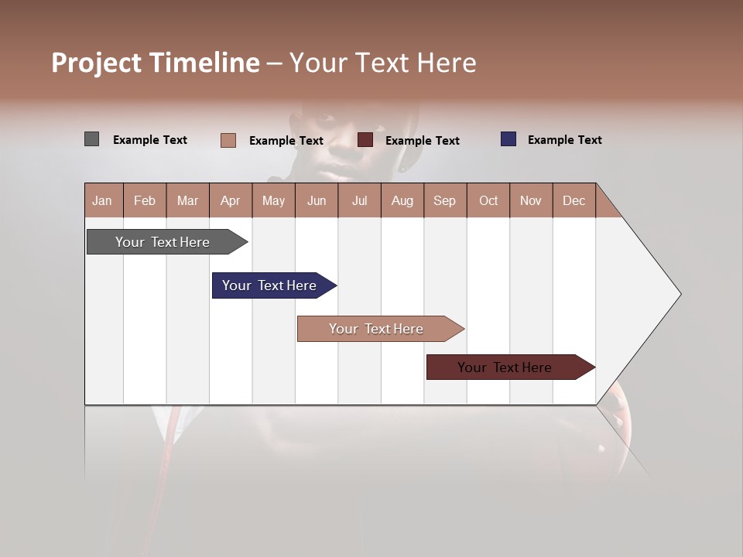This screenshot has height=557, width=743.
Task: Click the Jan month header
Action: tap(102, 200)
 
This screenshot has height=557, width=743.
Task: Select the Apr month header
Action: tap(230, 200)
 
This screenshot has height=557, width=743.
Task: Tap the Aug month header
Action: tap(402, 200)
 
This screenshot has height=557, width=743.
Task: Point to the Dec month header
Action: tap(574, 200)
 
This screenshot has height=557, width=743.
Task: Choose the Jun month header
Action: tap(316, 200)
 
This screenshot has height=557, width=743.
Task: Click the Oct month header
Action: tap(488, 200)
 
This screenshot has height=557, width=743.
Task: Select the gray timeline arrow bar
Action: tap(163, 242)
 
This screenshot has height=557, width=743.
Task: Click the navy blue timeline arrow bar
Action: tap(269, 285)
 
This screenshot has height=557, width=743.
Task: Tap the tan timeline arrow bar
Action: tap(376, 329)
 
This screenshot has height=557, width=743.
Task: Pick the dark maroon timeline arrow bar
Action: tap(505, 367)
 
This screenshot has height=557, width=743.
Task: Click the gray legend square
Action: tap(91, 139)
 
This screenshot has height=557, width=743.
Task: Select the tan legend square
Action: tap(228, 140)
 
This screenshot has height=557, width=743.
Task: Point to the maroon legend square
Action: tap(365, 140)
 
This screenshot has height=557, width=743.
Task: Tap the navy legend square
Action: tap(508, 139)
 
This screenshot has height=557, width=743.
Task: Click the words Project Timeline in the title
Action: tap(155, 63)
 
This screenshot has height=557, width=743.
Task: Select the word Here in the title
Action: tap(447, 63)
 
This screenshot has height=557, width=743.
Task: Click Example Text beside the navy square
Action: tap(564, 139)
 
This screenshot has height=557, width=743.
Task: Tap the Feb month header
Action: tap(145, 200)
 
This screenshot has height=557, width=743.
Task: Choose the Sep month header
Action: tap(444, 200)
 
